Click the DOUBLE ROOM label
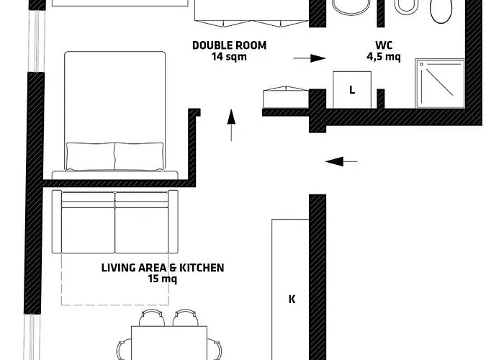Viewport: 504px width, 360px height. (229, 45)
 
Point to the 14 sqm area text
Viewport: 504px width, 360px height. (229, 57)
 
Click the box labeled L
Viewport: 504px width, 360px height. (351, 91)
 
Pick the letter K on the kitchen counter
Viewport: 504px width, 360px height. (292, 299)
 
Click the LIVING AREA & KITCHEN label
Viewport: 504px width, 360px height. (162, 268)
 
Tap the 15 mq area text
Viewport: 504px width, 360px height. (162, 279)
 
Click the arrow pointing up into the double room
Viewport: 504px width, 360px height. (231, 125)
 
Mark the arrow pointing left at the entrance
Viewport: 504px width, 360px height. (341, 161)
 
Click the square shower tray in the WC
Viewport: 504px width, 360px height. (438, 83)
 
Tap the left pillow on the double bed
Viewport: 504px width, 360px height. (90, 156)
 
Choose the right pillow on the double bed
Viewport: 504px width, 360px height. (139, 156)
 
